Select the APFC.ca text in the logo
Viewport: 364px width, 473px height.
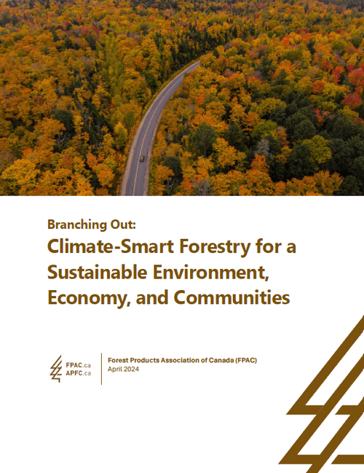tap(76, 373)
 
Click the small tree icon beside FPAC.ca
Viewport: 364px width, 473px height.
tap(56, 369)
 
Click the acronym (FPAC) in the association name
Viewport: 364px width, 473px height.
tap(245, 359)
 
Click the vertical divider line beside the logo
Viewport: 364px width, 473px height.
tap(101, 369)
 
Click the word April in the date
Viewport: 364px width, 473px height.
tap(115, 369)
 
